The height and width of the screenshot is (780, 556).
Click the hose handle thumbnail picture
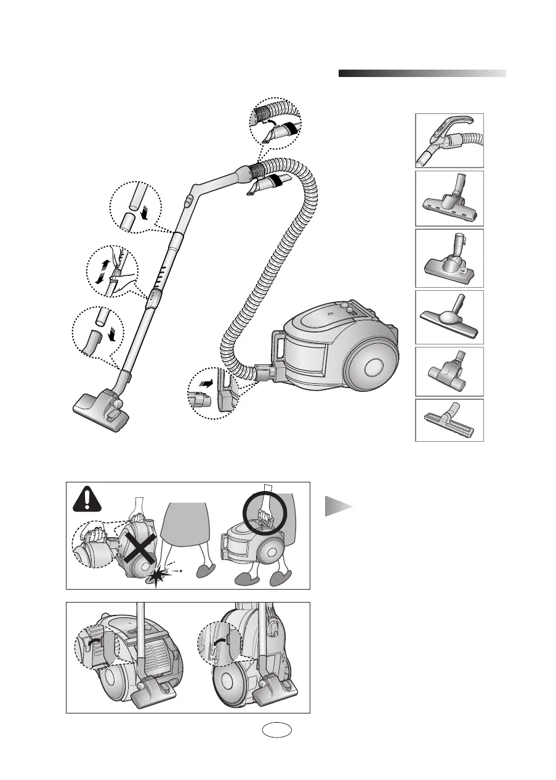point(449,140)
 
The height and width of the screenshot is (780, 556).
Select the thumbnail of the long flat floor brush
point(449,317)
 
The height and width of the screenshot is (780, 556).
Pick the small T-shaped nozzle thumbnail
point(449,372)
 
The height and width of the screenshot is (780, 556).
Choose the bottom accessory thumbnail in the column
point(449,420)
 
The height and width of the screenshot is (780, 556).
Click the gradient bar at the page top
point(422,73)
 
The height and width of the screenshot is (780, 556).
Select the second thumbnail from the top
point(449,198)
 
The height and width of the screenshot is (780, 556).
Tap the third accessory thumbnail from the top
point(449,257)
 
